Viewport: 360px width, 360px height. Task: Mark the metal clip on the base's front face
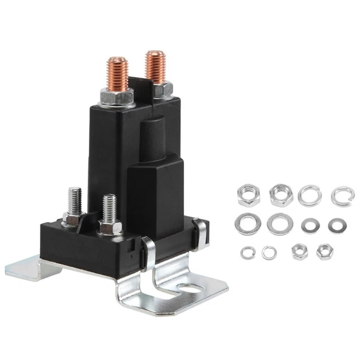tap(147, 248)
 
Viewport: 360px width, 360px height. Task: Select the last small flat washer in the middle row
tap(337, 226)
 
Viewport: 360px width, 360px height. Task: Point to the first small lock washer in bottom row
tap(246, 253)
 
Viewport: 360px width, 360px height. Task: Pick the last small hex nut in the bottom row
tap(323, 252)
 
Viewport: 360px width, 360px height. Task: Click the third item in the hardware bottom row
tap(299, 252)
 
